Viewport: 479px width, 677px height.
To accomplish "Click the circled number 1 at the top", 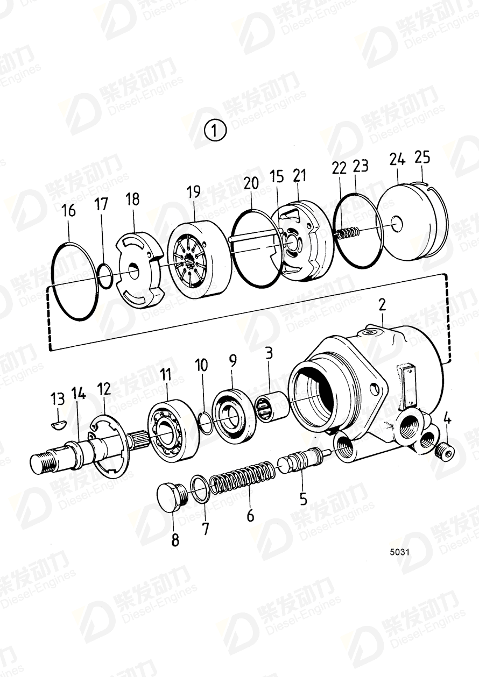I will tap(215, 131).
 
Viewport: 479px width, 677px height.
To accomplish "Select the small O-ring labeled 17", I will tap(105, 276).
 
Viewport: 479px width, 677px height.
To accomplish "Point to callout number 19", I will tap(193, 193).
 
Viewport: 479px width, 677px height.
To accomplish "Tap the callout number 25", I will tap(422, 157).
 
